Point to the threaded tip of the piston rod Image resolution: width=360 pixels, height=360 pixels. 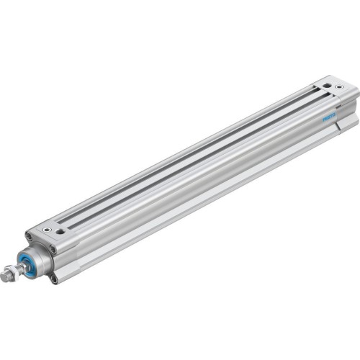pos(6,277)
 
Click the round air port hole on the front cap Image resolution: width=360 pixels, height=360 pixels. pos(48,230)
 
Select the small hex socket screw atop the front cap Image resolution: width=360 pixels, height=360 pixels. pos(61,232)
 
